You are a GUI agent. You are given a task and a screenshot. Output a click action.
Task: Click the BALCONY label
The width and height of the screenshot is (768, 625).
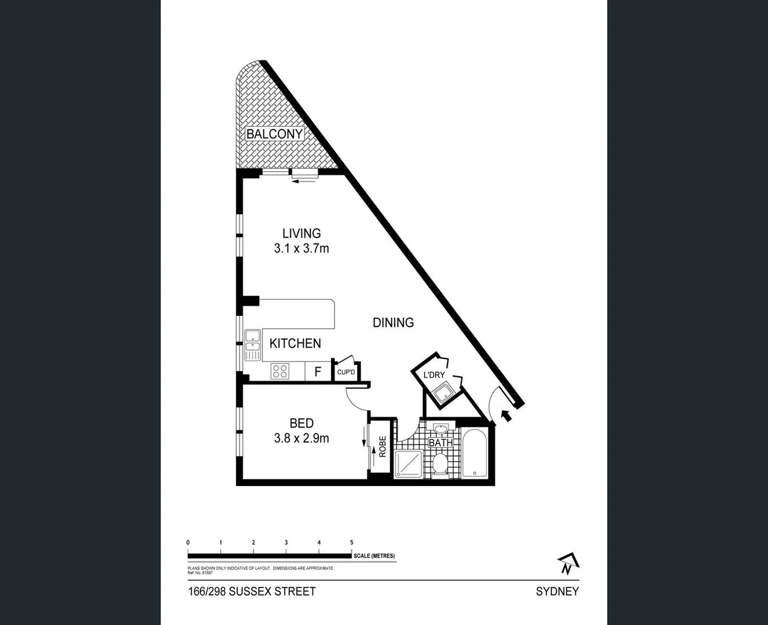[x=274, y=134]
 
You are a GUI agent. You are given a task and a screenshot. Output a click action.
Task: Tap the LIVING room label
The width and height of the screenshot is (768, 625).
[x=302, y=233]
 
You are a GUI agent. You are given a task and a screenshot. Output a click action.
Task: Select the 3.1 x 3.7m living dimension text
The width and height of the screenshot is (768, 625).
[x=302, y=249]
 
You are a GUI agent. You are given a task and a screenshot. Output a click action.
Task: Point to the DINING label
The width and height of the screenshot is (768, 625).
[x=393, y=323]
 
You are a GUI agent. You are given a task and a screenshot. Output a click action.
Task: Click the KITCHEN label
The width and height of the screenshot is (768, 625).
[x=295, y=343]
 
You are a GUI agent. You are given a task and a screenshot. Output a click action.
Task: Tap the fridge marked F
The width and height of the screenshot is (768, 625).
[x=318, y=372]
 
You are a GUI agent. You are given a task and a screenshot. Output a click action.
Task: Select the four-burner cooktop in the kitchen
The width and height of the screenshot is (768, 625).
[x=280, y=371]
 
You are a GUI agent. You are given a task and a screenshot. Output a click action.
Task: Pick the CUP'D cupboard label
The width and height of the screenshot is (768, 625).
[x=346, y=372]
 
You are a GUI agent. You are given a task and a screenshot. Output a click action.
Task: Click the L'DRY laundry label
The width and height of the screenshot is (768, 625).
[x=434, y=375]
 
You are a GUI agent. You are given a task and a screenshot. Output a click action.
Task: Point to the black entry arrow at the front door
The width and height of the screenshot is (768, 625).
[x=506, y=415]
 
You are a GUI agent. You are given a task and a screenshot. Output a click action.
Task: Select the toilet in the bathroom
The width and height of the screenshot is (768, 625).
[x=441, y=464]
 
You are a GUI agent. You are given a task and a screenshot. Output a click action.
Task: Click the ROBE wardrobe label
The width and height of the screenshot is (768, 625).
[x=382, y=447]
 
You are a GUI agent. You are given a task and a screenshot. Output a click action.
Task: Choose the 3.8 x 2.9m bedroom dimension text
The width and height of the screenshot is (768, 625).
[x=302, y=439]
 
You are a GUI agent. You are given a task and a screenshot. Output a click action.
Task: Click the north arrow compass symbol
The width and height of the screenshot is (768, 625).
[x=568, y=563]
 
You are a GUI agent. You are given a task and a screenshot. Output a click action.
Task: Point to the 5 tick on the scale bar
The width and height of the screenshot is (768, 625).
[x=352, y=543]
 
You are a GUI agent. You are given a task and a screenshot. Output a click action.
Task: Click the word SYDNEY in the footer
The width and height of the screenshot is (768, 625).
[x=557, y=591]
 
